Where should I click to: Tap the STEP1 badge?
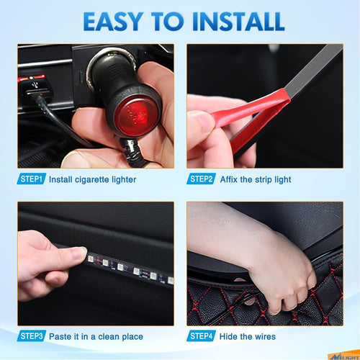[32, 179]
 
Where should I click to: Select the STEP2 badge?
[202, 179]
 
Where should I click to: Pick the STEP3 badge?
[32, 336]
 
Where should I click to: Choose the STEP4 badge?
[202, 336]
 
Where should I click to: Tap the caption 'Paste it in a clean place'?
[96, 336]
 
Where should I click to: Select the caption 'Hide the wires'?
[248, 336]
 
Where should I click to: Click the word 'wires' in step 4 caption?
[264, 336]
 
